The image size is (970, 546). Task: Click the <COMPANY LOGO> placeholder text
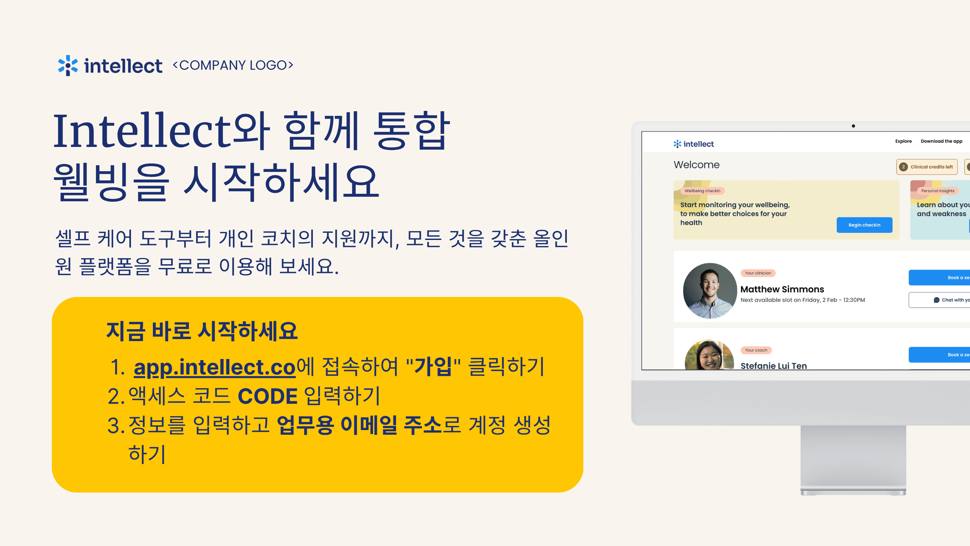point(233,65)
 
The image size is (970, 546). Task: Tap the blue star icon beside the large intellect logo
point(68,66)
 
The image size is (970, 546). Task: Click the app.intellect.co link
point(215,367)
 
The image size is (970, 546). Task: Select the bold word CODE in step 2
point(268,396)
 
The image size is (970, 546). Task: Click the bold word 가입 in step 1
point(433,366)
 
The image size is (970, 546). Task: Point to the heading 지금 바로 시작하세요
point(202,331)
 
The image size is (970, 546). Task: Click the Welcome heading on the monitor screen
point(696,165)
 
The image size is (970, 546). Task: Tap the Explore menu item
point(903,141)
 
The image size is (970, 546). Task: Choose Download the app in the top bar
point(941,141)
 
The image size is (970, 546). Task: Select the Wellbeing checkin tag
point(702,191)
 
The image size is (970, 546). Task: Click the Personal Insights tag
point(938,191)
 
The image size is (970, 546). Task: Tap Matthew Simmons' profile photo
point(710,291)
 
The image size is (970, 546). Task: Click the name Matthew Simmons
point(782,290)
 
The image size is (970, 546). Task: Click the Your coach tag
point(756,351)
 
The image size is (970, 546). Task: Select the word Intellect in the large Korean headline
point(142,130)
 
